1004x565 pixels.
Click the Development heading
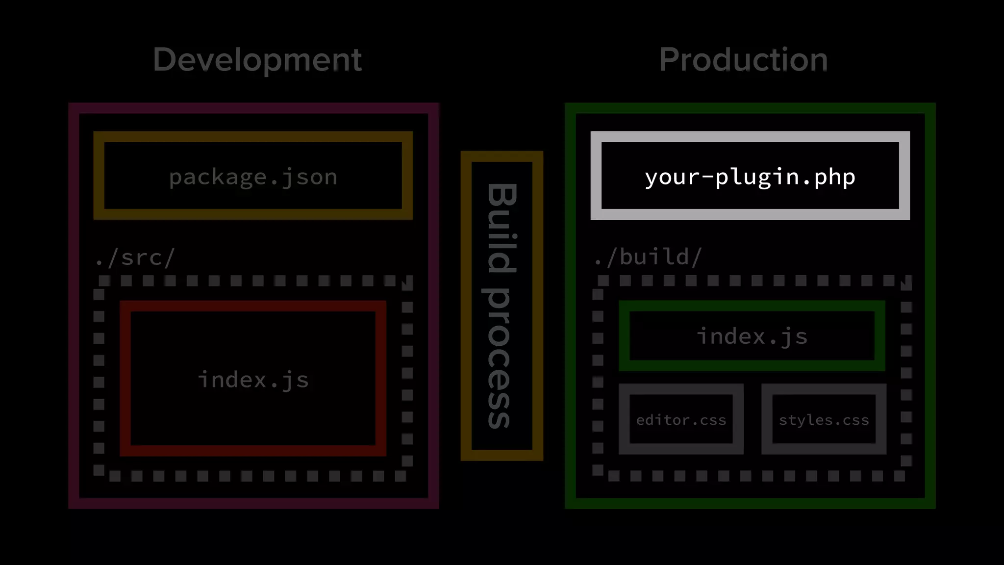257,60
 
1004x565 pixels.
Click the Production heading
743,60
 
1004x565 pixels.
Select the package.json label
253,177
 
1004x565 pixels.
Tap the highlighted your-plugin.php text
750,177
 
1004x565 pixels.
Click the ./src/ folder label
135,257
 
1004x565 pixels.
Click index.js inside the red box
253,380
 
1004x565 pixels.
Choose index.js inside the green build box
752,337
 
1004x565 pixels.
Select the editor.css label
681,420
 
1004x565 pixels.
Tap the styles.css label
824,420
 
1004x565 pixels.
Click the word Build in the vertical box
502,228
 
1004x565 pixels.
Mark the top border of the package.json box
253,137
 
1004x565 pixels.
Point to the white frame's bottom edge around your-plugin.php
750,214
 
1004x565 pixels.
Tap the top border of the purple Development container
253,108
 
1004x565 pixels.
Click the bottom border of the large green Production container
750,503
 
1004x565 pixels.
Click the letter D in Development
165,60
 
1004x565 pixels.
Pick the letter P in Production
670,60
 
